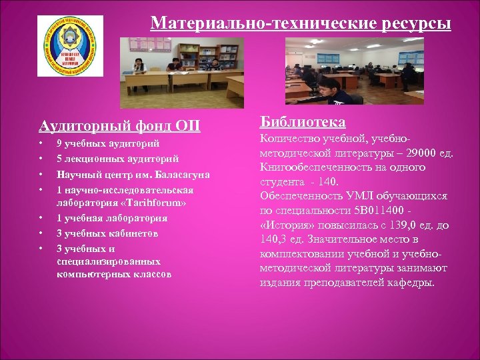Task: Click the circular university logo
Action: pyautogui.click(x=71, y=46)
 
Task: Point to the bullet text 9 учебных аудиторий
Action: pyautogui.click(x=108, y=143)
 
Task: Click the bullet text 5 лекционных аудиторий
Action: pyautogui.click(x=117, y=159)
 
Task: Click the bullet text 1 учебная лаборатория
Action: pyautogui.click(x=111, y=218)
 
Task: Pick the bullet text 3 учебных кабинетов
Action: pyautogui.click(x=107, y=233)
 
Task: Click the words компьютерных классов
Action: pyautogui.click(x=114, y=274)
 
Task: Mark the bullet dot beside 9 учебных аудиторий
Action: pyautogui.click(x=41, y=143)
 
